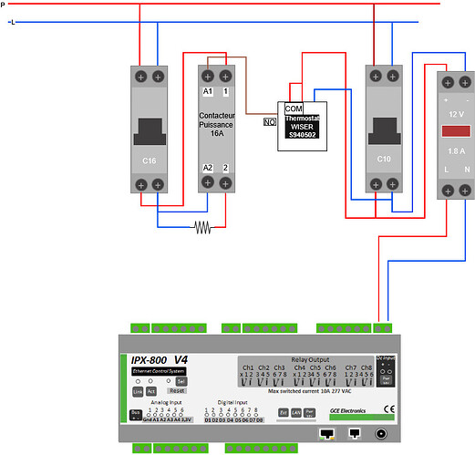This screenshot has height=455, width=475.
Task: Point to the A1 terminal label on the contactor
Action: coord(207,92)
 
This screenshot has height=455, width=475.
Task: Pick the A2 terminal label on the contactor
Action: coord(207,167)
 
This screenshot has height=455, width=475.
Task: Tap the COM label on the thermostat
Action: coord(294,108)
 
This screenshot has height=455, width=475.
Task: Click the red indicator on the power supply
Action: coord(454,132)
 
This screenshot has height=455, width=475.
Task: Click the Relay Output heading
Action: coord(311,360)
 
